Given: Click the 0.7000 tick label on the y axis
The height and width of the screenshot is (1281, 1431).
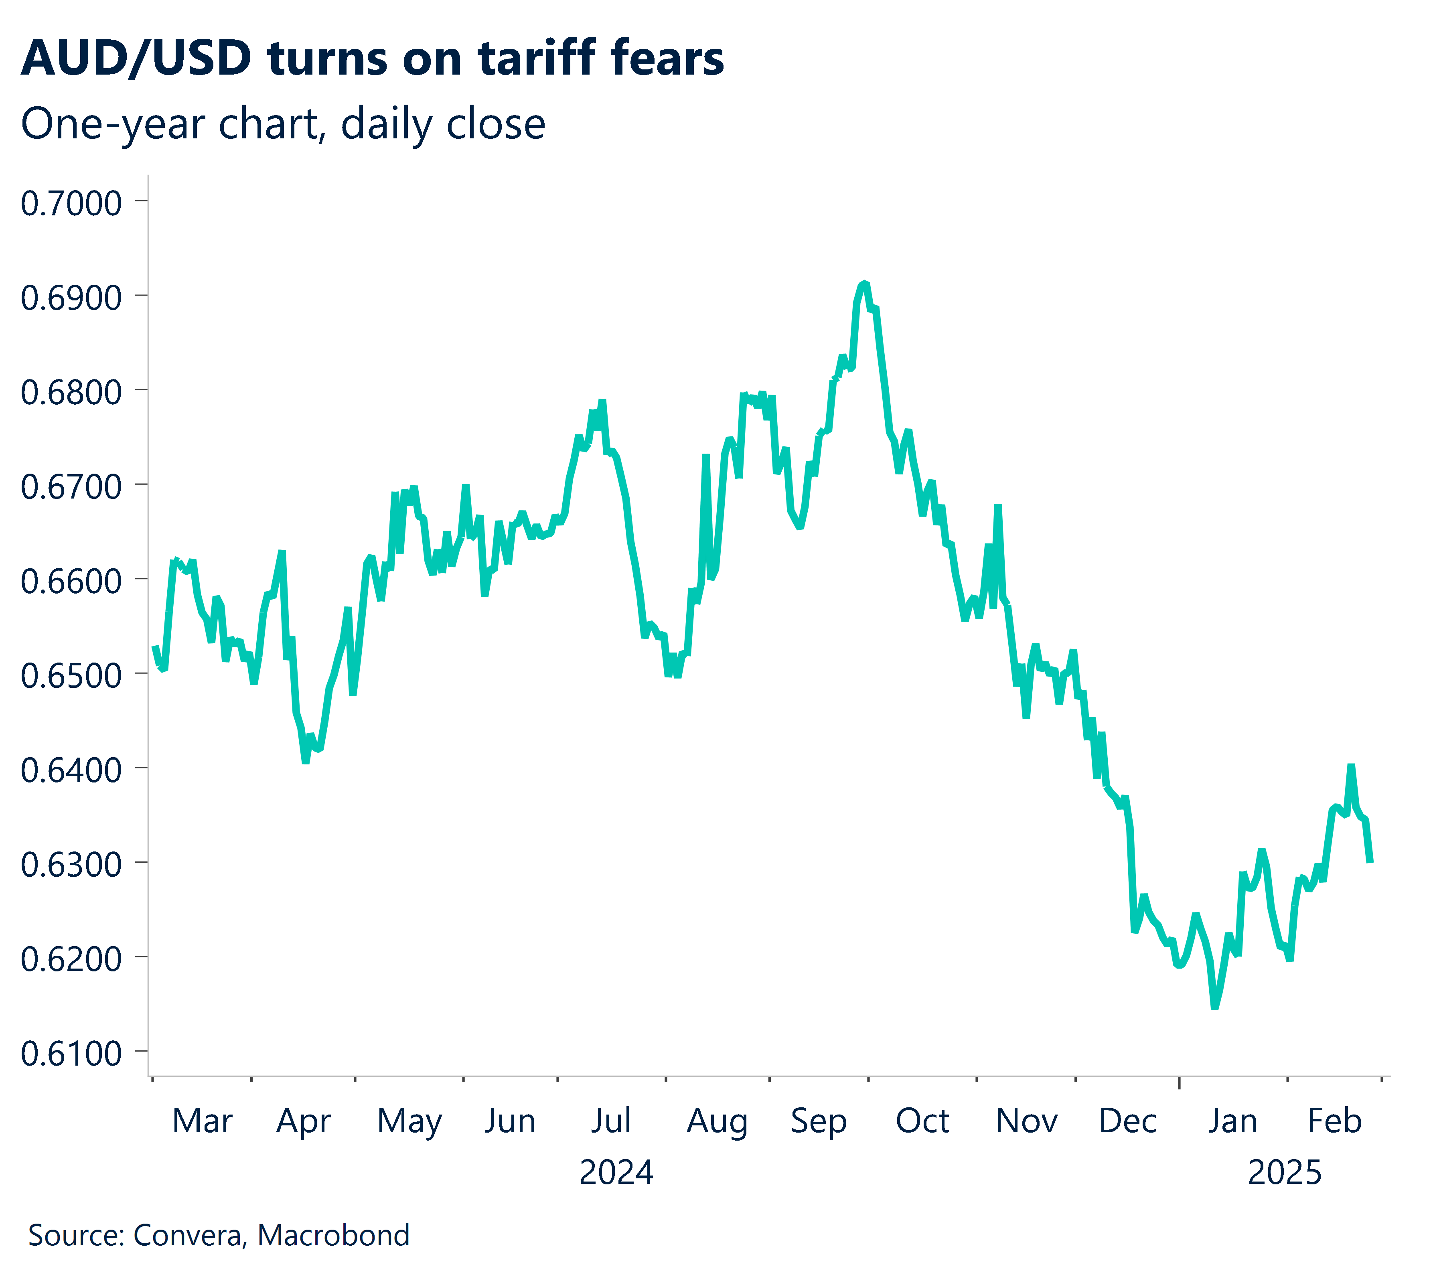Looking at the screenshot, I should pyautogui.click(x=71, y=203).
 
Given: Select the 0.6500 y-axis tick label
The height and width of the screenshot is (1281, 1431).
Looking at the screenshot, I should pyautogui.click(x=71, y=676).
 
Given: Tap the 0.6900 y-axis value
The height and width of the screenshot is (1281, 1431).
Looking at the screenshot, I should pyautogui.click(x=71, y=298).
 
